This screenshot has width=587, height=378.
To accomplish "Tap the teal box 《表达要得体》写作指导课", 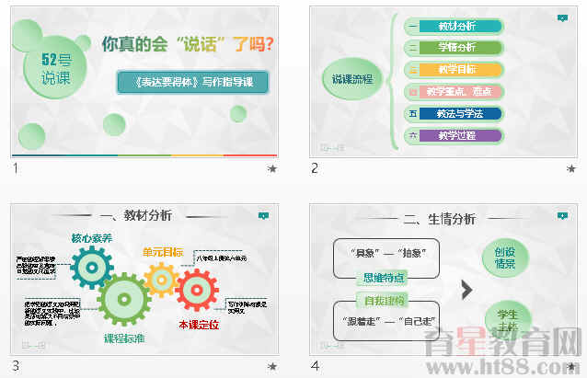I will [x=192, y=82].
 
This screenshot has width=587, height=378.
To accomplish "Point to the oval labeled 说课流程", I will [x=352, y=80].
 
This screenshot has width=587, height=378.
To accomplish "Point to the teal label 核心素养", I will [x=92, y=238].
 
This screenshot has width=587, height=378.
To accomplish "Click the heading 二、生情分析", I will [x=440, y=219].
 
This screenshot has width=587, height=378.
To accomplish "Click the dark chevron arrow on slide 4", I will [x=466, y=290].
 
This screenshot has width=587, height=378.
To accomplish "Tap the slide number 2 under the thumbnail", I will [x=315, y=167].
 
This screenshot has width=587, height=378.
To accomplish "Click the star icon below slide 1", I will [x=271, y=169].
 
